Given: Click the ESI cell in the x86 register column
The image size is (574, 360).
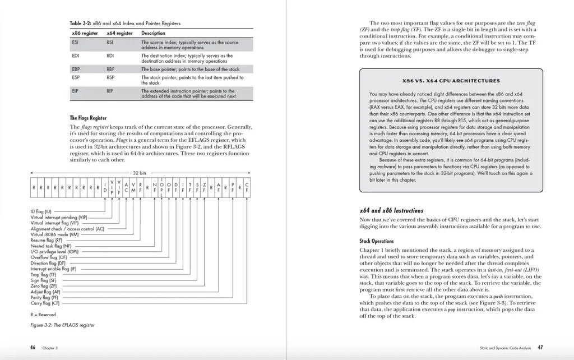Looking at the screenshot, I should point(76,42).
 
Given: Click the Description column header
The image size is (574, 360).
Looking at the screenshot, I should point(154,33).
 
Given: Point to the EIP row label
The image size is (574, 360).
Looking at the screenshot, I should point(76,90).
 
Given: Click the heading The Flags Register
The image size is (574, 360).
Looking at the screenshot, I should point(88,118).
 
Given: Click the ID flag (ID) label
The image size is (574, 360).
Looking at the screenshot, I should point(41,211).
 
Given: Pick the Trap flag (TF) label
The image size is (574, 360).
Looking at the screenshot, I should point(44,275).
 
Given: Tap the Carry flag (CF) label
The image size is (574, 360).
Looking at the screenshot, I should point(45,303).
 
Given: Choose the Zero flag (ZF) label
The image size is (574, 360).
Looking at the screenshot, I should point(44,286).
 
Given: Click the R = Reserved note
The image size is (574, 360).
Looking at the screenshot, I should point(43,314).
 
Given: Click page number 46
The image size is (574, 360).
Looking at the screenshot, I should point(33,347).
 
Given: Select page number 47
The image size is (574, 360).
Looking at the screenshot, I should point(539,347).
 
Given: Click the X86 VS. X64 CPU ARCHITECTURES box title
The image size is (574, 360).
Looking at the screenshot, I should point(451,80).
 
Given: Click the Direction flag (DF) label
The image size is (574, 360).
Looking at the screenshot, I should point(48,263).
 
